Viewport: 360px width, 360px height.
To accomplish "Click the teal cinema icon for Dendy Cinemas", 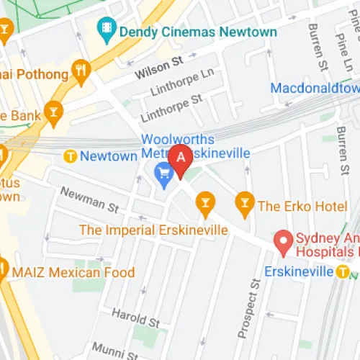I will (107, 30).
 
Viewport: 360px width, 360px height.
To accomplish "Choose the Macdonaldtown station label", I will (315, 88).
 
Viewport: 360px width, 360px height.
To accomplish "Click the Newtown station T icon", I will (71, 156).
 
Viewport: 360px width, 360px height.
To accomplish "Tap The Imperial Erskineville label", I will (153, 230).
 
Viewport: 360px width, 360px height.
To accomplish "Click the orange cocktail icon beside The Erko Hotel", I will (245, 205).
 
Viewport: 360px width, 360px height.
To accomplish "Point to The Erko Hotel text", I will (302, 206).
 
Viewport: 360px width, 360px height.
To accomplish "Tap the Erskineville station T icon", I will (344, 271).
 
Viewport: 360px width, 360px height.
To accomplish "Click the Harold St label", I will (135, 317).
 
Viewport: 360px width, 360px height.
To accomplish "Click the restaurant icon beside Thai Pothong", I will (81, 72).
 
